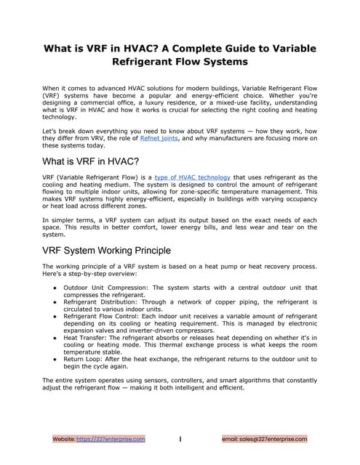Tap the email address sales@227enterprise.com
[273, 439]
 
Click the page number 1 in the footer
[180, 439]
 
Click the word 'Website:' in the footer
[63, 439]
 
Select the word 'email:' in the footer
[231, 439]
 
